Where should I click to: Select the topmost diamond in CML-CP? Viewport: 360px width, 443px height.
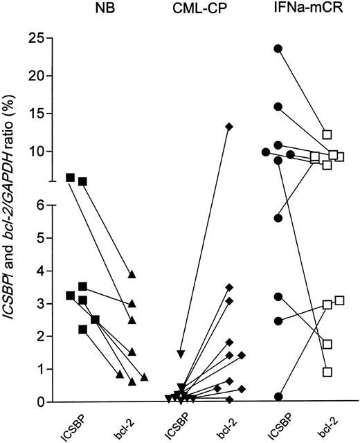point(229,126)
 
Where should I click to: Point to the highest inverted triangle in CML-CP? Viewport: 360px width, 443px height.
point(181,354)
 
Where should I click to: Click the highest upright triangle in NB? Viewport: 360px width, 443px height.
point(132,275)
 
